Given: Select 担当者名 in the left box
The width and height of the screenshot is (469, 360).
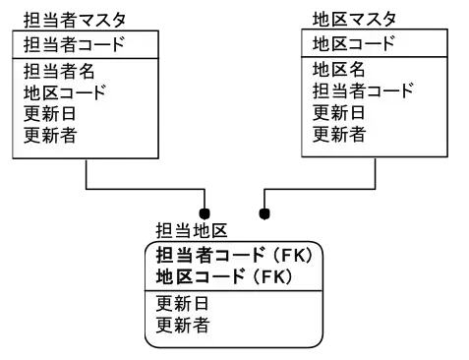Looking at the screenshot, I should [58, 72].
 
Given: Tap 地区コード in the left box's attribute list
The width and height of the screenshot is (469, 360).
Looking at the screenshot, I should [65, 93].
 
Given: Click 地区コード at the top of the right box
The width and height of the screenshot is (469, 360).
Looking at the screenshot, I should [353, 44].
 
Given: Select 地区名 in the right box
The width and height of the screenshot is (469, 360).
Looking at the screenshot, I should [338, 70].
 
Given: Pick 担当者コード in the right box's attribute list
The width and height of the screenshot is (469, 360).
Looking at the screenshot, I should [363, 90].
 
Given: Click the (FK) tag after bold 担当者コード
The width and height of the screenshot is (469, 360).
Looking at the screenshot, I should [291, 255].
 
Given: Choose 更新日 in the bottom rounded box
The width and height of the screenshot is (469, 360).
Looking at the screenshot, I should [182, 303].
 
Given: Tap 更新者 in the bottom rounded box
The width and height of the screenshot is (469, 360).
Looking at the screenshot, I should [182, 324].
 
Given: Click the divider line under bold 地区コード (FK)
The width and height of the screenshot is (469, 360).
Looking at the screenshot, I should [233, 289].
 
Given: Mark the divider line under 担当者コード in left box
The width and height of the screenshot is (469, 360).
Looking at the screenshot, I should [84, 59].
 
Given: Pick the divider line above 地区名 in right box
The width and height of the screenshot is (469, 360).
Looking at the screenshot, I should [374, 57].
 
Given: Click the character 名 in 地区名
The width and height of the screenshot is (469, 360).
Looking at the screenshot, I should [356, 70].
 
